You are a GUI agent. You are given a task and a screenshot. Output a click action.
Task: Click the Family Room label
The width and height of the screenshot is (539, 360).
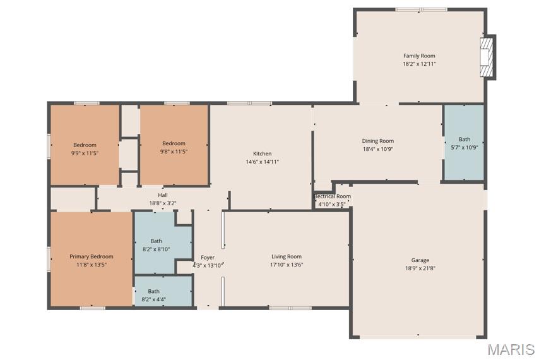pyautogui.click(x=419, y=56)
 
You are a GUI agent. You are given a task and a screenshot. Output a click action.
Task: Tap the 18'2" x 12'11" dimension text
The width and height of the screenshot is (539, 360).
pyautogui.click(x=419, y=64)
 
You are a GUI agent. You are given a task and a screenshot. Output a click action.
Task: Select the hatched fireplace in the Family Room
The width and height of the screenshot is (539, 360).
pyautogui.click(x=487, y=57)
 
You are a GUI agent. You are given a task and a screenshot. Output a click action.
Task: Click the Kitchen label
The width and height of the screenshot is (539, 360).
pyautogui.click(x=263, y=153)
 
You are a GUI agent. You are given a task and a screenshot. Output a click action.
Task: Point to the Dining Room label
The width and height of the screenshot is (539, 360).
pyautogui.click(x=378, y=141)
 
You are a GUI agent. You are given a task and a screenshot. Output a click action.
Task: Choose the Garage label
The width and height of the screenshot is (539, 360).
pyautogui.click(x=420, y=260)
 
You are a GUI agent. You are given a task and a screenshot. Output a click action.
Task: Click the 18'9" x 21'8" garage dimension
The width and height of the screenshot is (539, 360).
pyautogui.click(x=420, y=268)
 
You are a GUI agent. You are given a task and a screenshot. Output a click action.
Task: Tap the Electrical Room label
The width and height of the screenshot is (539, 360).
pyautogui.click(x=333, y=196)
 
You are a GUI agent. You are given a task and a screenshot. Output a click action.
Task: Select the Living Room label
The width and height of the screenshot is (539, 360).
pyautogui.click(x=287, y=256)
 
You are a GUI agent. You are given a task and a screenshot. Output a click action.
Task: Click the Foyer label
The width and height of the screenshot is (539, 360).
pyautogui.click(x=208, y=258)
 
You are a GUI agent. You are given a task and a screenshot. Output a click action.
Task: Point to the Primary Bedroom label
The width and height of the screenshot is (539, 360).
pyautogui.click(x=91, y=256)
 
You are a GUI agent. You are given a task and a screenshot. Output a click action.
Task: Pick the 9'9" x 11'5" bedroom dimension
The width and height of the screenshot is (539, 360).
pyautogui.click(x=85, y=153)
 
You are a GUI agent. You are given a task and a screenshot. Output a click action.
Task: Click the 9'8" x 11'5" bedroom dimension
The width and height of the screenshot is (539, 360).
pyautogui.click(x=174, y=152)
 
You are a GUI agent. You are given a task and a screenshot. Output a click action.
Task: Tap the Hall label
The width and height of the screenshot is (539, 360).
pyautogui.click(x=163, y=195)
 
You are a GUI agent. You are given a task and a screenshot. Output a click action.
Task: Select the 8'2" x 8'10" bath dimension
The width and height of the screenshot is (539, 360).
pyautogui.click(x=156, y=249)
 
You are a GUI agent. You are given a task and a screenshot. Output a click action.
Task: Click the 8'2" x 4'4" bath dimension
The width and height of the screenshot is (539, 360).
pyautogui.click(x=153, y=299)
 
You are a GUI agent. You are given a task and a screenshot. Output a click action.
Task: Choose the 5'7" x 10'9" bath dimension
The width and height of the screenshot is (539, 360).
pyautogui.click(x=465, y=148)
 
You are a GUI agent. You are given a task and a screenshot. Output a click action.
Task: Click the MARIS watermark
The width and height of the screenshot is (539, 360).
pyautogui.click(x=511, y=349)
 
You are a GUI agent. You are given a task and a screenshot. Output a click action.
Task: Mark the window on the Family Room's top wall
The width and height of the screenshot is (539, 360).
pyautogui.click(x=421, y=9)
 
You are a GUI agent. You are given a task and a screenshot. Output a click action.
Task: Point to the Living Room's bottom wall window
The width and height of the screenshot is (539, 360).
pyautogui.click(x=290, y=308)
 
